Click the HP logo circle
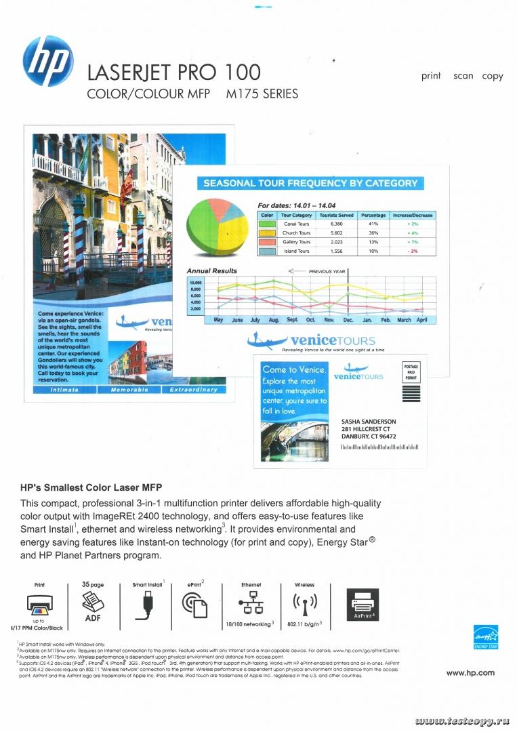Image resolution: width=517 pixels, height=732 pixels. coord(47,60)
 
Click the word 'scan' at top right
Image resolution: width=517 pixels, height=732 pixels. coord(463,76)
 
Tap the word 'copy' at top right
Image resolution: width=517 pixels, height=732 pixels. coord(493,76)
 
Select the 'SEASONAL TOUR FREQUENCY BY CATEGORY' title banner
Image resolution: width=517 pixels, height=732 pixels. coord(310,183)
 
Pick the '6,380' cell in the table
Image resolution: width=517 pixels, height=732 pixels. coord(337,224)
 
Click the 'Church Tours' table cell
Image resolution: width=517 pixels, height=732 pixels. coord(296,233)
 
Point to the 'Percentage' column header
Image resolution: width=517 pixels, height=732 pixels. coord(373,215)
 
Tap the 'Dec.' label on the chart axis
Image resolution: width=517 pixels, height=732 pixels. coord(348,319)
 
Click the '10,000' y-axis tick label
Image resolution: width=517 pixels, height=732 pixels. coord(196,283)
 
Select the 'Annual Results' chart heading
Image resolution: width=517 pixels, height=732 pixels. coord(211,271)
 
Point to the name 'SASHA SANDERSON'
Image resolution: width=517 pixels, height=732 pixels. coord(369,422)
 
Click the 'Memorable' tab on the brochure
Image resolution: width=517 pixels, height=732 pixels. coord(129,390)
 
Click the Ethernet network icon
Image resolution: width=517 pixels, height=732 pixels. coord(251,603)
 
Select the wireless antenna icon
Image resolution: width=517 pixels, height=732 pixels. coord(304,603)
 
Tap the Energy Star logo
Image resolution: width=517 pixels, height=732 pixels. coord(486,636)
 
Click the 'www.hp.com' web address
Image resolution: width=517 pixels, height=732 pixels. coord(470,672)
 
